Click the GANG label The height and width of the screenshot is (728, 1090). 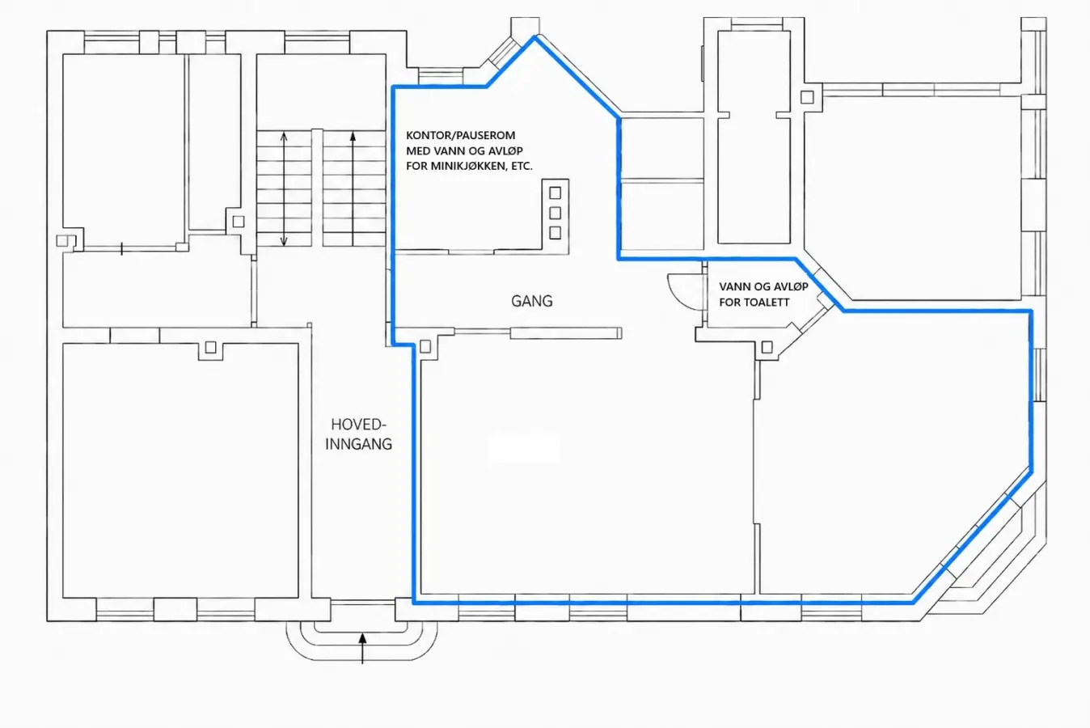(x=532, y=301)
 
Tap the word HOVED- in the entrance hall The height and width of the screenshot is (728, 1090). (x=359, y=425)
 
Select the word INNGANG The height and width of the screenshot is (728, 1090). (x=359, y=444)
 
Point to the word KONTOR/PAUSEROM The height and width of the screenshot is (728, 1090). (x=460, y=135)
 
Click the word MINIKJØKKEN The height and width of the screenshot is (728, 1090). (x=470, y=166)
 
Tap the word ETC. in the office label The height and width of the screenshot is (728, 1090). (x=523, y=166)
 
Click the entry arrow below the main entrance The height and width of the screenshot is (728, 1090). (x=362, y=648)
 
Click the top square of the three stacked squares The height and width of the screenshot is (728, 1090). (x=556, y=193)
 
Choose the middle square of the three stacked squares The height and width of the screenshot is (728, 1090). (x=556, y=213)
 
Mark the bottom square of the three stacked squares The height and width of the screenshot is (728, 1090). (x=556, y=233)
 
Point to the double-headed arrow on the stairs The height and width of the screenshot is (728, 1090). (x=284, y=188)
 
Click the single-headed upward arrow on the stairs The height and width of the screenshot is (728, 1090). (x=353, y=188)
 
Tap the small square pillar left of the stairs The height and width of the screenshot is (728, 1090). (x=239, y=222)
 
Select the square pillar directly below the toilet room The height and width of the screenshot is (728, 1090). (x=767, y=347)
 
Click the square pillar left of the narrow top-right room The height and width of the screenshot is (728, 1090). (x=807, y=97)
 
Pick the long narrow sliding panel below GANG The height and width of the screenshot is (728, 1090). (x=566, y=332)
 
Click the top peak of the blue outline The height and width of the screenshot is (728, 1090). (x=535, y=37)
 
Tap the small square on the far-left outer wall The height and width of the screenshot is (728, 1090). (x=61, y=240)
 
